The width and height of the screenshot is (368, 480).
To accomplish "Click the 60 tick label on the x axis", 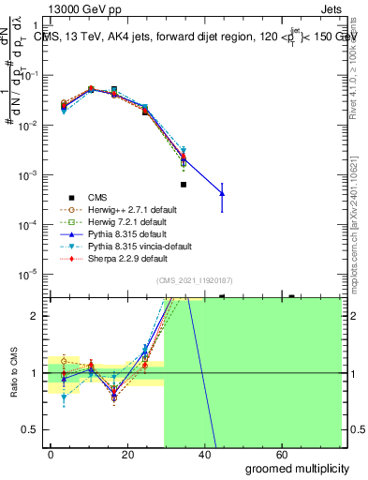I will [292, 455].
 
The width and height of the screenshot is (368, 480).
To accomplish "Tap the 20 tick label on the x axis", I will [131, 455].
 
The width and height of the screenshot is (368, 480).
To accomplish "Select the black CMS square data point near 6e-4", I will [184, 185].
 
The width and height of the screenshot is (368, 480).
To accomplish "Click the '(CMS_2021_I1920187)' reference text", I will [195, 280].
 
